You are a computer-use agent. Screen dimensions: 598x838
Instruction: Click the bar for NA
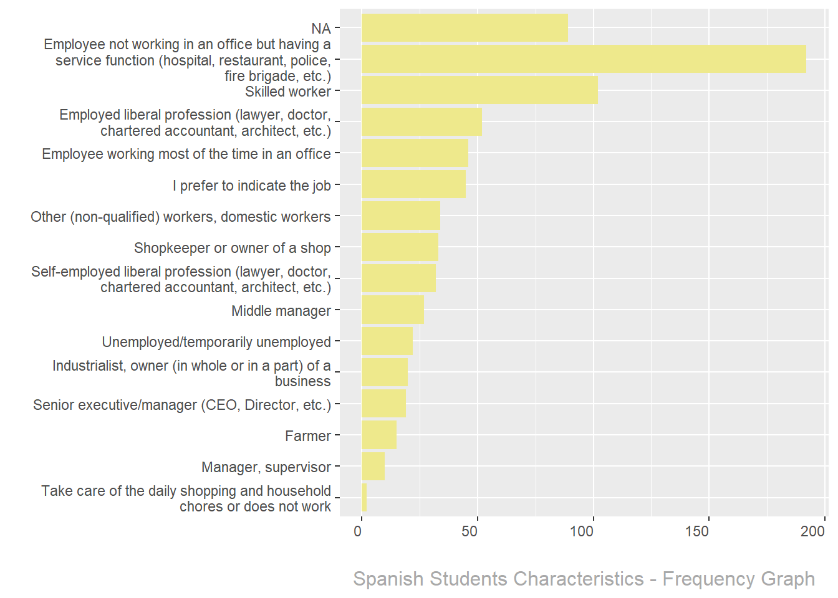[465, 28]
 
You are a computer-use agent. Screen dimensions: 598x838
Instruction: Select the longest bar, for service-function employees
[584, 59]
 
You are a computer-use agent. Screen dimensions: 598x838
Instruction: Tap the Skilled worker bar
[479, 90]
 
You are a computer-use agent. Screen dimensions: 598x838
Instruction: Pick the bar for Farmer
[379, 435]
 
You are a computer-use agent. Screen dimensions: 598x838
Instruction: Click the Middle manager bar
[393, 310]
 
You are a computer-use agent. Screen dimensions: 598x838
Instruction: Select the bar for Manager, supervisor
[373, 467]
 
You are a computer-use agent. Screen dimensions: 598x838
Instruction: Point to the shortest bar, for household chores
[364, 498]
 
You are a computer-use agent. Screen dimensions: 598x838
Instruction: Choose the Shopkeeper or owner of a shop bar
[400, 247]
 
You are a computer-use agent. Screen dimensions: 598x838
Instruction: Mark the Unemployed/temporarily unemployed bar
[387, 341]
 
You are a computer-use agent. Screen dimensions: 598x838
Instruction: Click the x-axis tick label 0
[358, 531]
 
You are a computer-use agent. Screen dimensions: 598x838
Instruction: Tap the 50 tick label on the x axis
[470, 531]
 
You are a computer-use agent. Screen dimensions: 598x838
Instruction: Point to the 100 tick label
[582, 531]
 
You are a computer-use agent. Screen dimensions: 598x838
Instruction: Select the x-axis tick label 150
[697, 531]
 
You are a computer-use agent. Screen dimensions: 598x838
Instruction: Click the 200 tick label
[812, 531]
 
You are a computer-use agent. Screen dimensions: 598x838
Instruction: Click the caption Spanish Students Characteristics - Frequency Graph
[584, 579]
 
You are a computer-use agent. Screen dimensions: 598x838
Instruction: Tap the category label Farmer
[307, 436]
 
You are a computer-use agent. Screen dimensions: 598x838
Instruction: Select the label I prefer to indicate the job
[251, 186]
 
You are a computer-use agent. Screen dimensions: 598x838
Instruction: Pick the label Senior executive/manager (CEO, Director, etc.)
[181, 405]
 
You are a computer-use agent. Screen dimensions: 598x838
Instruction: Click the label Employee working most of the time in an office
[186, 154]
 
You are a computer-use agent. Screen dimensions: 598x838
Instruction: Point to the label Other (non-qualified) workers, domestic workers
[180, 217]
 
